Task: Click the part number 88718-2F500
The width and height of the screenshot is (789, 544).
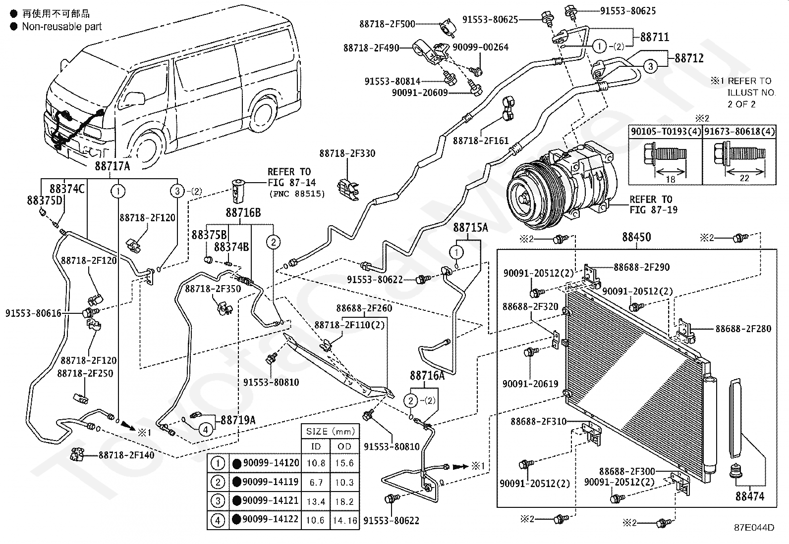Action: [387, 24]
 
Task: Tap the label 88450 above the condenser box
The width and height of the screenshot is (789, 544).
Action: [636, 237]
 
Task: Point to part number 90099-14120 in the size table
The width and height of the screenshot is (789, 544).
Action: [271, 463]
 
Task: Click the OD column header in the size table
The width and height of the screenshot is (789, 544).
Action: [344, 446]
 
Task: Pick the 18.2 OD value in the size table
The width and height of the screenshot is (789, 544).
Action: [344, 501]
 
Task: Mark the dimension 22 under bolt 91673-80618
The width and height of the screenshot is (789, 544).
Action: [744, 178]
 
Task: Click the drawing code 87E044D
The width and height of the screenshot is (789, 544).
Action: [754, 528]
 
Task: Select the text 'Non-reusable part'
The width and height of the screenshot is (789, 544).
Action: [61, 26]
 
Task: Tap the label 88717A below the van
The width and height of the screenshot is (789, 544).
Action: [113, 166]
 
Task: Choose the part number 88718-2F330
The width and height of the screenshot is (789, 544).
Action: [347, 153]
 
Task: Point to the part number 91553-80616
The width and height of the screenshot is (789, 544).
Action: [34, 313]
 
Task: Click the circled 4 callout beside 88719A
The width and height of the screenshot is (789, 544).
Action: [205, 429]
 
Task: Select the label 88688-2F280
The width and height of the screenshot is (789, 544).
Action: [743, 329]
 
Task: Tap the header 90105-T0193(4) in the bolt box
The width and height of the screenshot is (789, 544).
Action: [666, 132]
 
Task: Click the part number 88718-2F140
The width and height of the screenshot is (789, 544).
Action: [126, 455]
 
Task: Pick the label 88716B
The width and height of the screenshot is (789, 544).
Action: [243, 213]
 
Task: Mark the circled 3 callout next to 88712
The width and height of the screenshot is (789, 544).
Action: [651, 66]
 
